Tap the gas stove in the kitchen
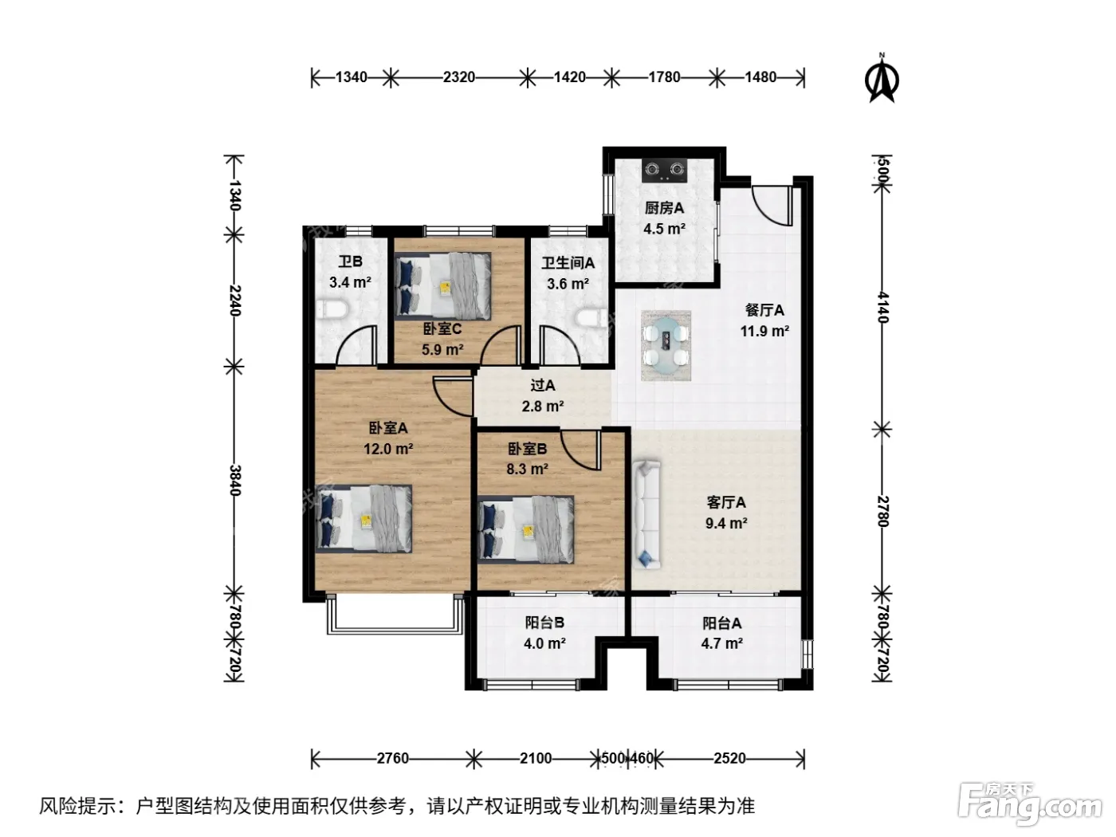tap(665, 171)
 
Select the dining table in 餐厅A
tap(666, 346)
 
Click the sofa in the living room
tap(646, 514)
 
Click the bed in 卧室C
tap(443, 286)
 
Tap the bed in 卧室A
tap(363, 518)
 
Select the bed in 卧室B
tap(526, 529)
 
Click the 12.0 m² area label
tap(388, 450)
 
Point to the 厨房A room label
tap(664, 208)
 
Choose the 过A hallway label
tap(543, 385)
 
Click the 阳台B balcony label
tap(544, 623)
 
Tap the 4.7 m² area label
tap(722, 644)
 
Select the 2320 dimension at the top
tap(458, 77)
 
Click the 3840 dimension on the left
tap(234, 480)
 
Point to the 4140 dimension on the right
tap(882, 308)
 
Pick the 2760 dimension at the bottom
tap(392, 758)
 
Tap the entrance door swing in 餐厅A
tap(772, 206)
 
